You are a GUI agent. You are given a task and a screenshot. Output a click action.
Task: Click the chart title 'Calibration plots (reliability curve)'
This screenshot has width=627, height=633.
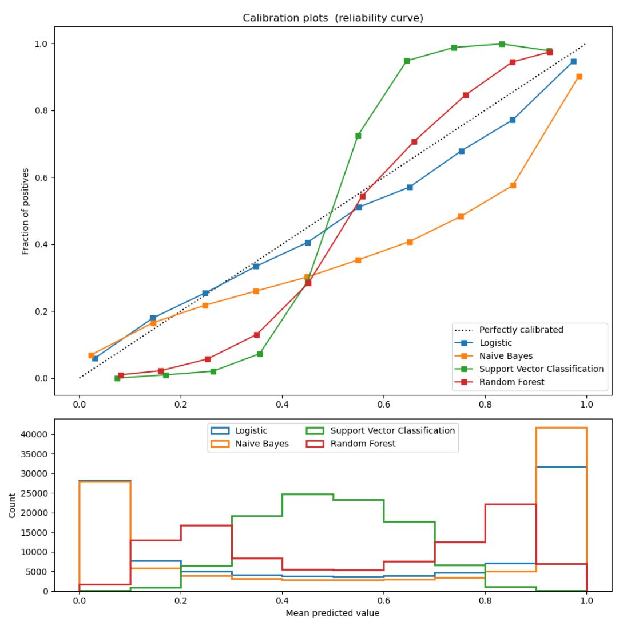pyautogui.click(x=333, y=18)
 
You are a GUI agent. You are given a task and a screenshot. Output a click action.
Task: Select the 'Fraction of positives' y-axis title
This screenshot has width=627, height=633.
pyautogui.click(x=25, y=211)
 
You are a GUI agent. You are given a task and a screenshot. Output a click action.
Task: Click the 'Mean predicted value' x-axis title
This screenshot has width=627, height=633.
pyautogui.click(x=333, y=613)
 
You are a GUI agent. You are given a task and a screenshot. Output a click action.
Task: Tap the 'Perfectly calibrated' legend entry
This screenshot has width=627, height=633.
pyautogui.click(x=521, y=330)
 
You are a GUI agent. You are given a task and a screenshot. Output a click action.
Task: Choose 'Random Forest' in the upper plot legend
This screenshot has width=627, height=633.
pyautogui.click(x=511, y=382)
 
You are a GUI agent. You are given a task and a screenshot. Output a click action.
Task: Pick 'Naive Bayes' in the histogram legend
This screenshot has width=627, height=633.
pyautogui.click(x=262, y=444)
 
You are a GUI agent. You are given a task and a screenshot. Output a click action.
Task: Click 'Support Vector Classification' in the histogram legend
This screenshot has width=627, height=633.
pyautogui.click(x=392, y=430)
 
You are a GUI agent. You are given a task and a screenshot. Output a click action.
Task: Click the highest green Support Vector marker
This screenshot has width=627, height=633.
pyautogui.click(x=502, y=44)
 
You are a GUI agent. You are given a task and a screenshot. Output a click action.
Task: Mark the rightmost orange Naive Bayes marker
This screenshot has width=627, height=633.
pyautogui.click(x=579, y=76)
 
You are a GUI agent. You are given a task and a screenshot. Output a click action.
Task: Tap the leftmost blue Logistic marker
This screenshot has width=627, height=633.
pyautogui.click(x=95, y=358)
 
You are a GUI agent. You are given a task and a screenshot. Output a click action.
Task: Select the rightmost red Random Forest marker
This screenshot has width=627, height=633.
pyautogui.click(x=550, y=52)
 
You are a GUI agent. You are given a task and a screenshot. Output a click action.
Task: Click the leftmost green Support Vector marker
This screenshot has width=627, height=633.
pyautogui.click(x=117, y=378)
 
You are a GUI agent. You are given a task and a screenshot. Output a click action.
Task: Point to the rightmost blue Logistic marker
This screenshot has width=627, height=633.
pyautogui.click(x=573, y=61)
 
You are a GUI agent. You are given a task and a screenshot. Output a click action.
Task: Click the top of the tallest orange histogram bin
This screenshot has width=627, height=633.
pyautogui.click(x=561, y=428)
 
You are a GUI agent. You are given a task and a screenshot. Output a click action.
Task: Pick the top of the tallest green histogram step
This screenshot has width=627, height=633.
pyautogui.click(x=308, y=494)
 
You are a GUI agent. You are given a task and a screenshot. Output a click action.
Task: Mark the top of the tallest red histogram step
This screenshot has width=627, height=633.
pyautogui.click(x=510, y=504)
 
